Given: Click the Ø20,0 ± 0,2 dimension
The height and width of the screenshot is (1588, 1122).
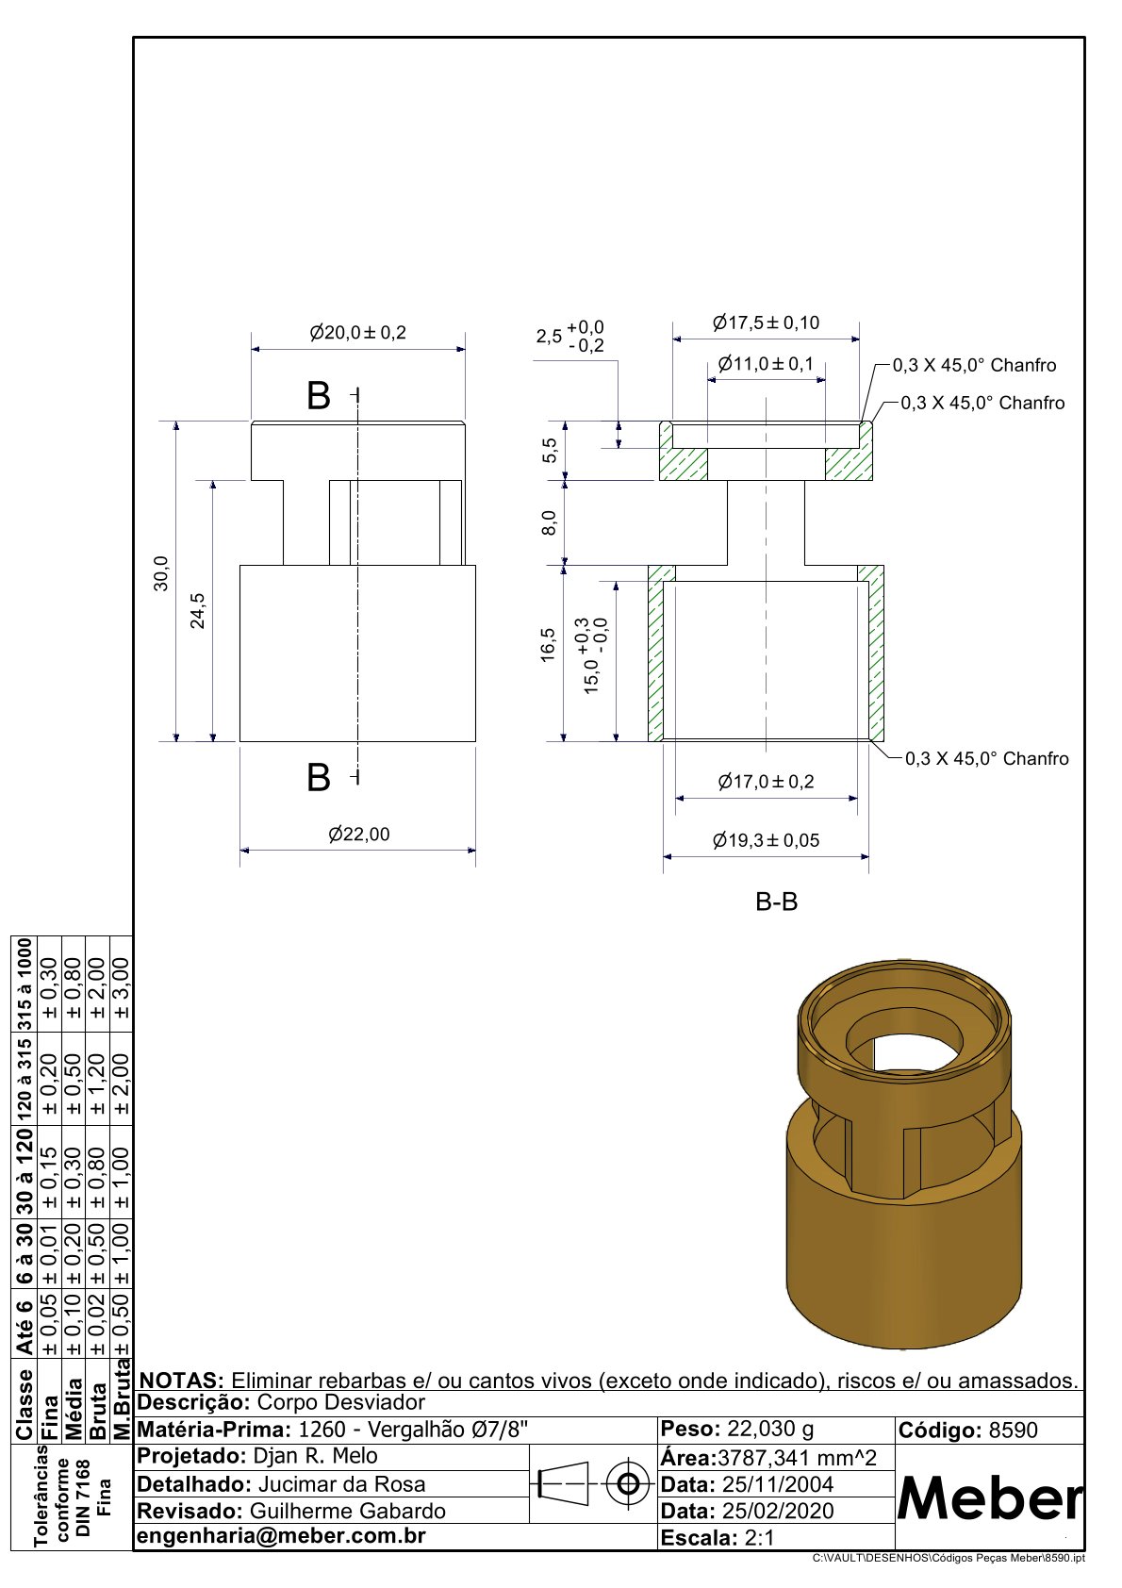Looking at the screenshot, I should click(x=358, y=333).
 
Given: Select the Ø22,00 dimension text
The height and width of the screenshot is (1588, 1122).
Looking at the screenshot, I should click(x=359, y=835).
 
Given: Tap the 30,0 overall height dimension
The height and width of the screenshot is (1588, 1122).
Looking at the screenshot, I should click(x=161, y=573).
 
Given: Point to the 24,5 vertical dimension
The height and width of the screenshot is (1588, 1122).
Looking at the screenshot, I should click(x=198, y=610).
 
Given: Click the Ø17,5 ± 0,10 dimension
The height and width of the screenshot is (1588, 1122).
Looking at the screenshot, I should click(x=767, y=323).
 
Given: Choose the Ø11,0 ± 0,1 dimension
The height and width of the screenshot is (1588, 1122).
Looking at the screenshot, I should click(x=766, y=364).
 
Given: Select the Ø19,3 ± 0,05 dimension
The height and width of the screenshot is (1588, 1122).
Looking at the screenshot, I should click(x=767, y=840).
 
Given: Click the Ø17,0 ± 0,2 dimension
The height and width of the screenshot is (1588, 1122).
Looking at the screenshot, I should click(x=766, y=782).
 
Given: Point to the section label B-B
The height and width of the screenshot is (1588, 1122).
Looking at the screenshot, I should click(x=777, y=902).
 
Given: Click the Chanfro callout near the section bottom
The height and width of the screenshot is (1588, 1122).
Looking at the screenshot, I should click(x=987, y=759).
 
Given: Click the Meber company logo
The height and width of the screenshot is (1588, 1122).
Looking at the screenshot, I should click(x=990, y=1498).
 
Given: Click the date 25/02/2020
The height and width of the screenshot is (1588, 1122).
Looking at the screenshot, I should click(x=778, y=1511).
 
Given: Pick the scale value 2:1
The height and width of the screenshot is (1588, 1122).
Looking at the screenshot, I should click(x=759, y=1538).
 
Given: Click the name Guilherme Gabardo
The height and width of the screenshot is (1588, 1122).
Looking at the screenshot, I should click(x=348, y=1511).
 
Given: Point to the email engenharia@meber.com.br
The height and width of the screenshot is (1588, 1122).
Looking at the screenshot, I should click(x=282, y=1536).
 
